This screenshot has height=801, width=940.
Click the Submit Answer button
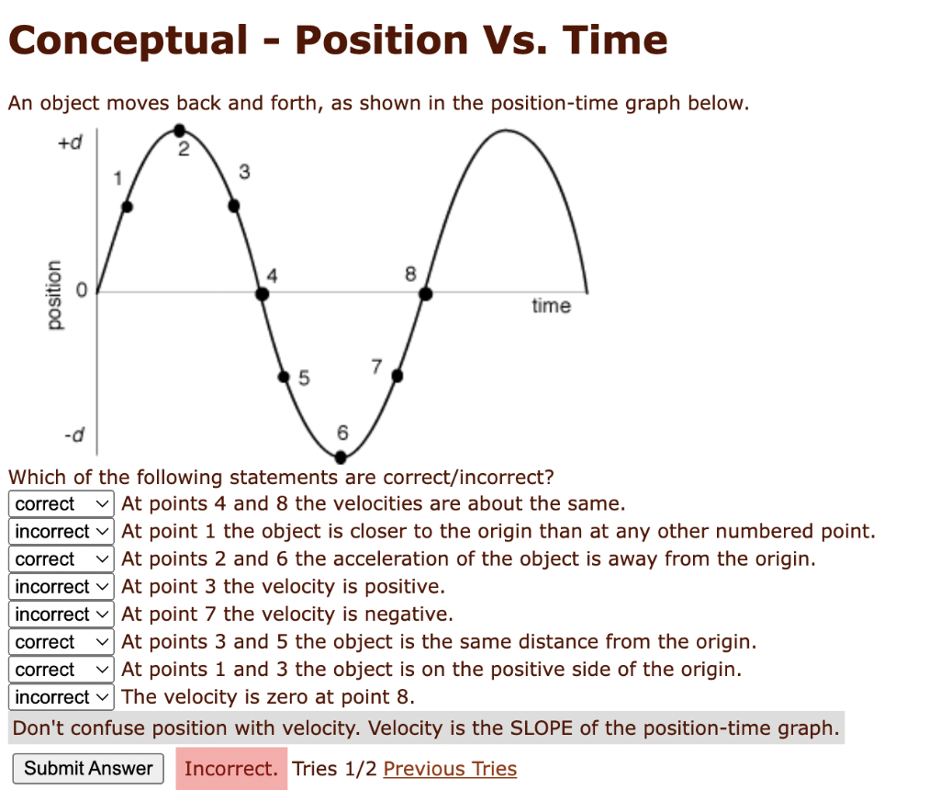tap(88, 769)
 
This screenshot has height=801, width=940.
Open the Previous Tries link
tap(450, 769)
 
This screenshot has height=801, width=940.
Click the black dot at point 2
tap(180, 130)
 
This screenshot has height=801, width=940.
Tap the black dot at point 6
tap(341, 456)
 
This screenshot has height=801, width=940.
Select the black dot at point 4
tap(263, 294)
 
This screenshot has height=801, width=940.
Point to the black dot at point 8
tap(426, 294)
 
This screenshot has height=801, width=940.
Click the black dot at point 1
tap(128, 207)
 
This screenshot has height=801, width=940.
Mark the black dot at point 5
tap(285, 376)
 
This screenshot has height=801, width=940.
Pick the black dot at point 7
tap(397, 376)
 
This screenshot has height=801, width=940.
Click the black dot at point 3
tap(234, 207)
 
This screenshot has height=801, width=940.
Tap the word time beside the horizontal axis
tap(551, 306)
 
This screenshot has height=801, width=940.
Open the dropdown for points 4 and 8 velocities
tap(62, 503)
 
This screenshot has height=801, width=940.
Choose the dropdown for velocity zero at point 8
tap(62, 697)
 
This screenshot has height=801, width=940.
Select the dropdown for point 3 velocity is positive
tap(62, 586)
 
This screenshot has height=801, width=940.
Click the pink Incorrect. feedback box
tap(230, 769)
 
